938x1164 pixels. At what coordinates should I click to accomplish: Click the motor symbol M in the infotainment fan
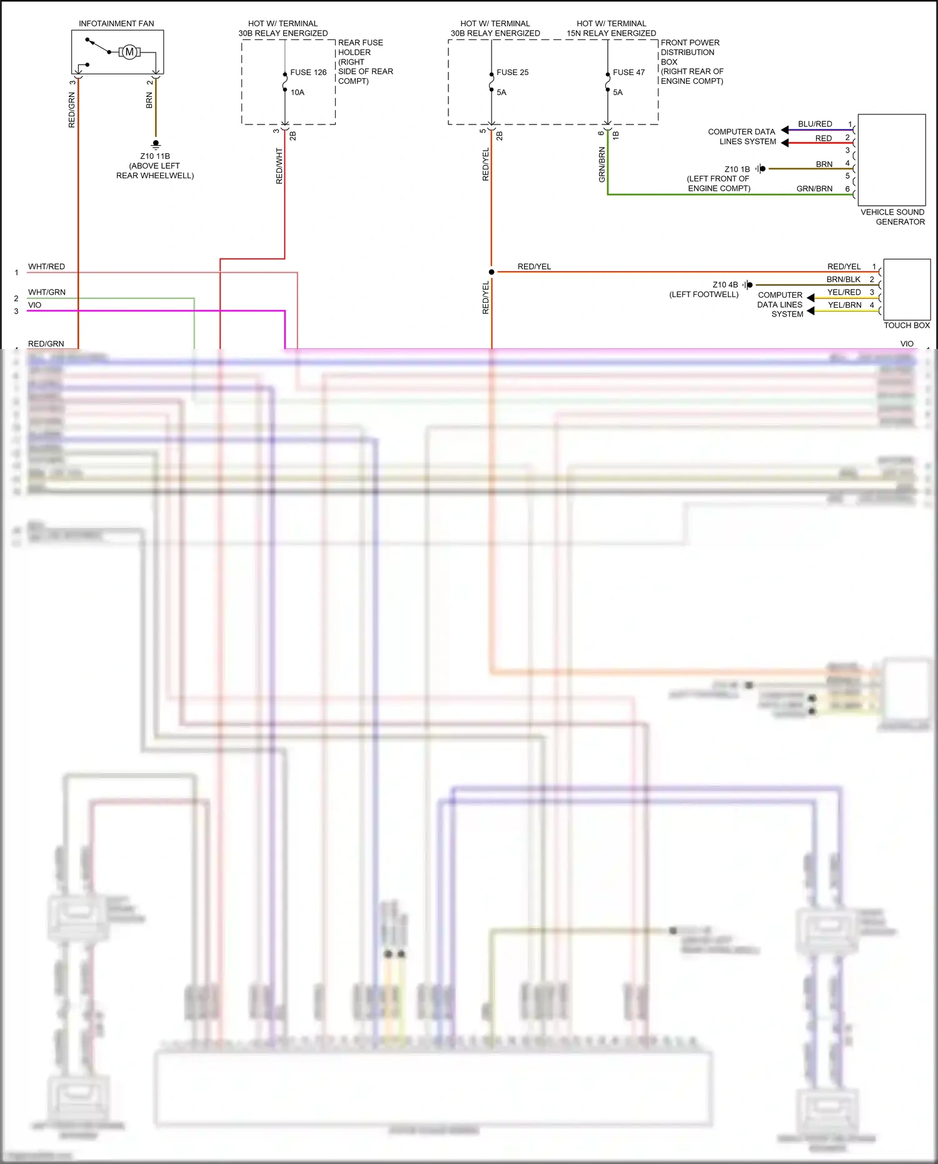129,52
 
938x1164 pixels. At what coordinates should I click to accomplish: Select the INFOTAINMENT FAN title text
116,24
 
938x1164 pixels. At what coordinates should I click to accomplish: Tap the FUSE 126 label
308,73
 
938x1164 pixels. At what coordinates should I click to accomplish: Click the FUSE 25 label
512,73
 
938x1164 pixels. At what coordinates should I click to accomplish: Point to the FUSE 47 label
628,73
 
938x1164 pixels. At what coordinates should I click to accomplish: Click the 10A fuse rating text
297,93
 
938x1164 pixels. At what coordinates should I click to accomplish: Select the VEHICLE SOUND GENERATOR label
892,217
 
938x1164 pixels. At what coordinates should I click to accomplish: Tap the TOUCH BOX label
907,325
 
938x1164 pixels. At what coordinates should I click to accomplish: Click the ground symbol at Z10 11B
156,144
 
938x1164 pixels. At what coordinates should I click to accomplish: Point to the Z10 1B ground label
737,170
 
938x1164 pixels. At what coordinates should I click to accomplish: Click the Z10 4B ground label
725,285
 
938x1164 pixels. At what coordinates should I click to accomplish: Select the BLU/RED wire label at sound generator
815,124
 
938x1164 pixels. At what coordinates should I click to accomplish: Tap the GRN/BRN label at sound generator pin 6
814,189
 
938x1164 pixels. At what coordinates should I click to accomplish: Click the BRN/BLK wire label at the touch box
844,280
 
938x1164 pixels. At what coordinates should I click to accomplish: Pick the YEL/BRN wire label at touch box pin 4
844,305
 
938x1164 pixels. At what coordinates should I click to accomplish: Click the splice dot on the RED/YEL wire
492,272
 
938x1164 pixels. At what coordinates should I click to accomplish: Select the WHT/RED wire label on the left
46,266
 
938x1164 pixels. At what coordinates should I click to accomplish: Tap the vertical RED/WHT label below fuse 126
280,166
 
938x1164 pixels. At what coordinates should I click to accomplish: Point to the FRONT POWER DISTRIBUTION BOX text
690,53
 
